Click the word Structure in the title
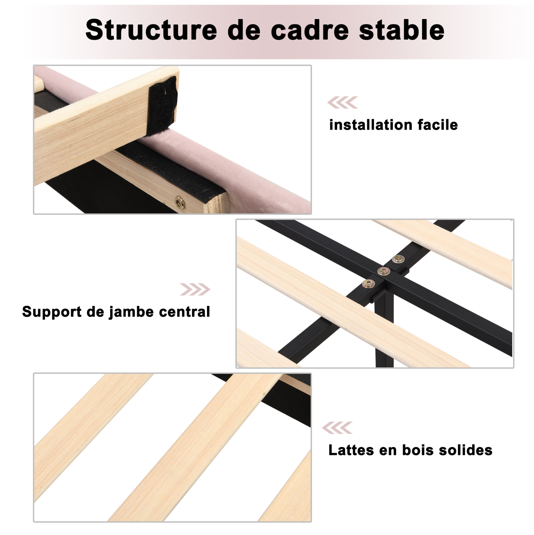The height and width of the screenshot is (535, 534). pyautogui.click(x=151, y=30)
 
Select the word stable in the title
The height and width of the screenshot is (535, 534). pyautogui.click(x=402, y=30)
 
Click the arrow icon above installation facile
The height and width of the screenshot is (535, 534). pyautogui.click(x=342, y=103)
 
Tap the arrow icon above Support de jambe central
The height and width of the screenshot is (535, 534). pyautogui.click(x=195, y=289)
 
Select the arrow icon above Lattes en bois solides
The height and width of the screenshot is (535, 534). pyautogui.click(x=337, y=428)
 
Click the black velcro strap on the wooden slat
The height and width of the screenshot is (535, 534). pyautogui.click(x=163, y=105)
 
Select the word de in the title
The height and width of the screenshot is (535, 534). pyautogui.click(x=244, y=30)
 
